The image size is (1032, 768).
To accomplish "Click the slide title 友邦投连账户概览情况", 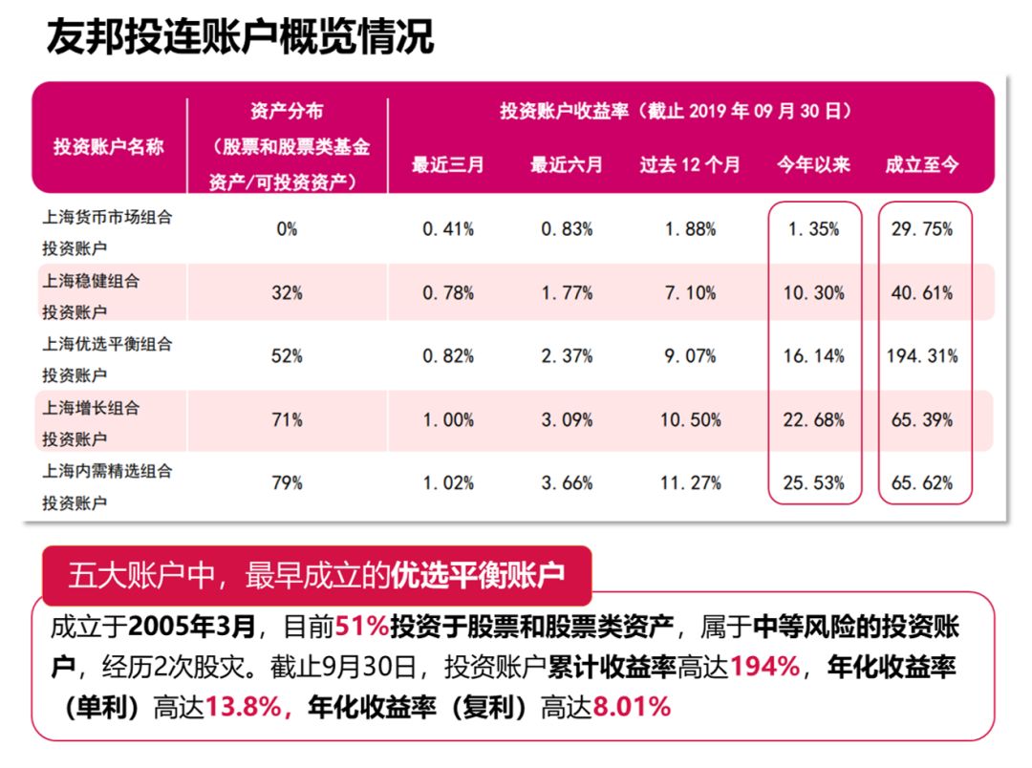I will [240, 38].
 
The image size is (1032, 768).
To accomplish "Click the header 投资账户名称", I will [108, 147].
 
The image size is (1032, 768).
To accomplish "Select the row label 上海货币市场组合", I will [108, 217].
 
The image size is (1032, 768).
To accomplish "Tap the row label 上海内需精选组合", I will [108, 470].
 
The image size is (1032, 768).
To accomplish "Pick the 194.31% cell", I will [922, 356].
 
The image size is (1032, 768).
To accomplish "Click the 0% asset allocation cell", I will [287, 229].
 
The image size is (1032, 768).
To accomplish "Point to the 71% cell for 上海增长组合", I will [287, 419].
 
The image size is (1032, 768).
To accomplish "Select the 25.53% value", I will [814, 483].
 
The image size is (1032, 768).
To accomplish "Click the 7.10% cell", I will [690, 293].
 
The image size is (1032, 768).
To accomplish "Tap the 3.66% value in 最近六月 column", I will [567, 483].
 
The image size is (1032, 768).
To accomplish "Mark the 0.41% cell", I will [448, 229].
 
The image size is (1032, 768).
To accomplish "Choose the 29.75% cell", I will [922, 229].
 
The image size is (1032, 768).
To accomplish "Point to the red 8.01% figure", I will [632, 707].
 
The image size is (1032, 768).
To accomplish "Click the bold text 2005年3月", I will [192, 628].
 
